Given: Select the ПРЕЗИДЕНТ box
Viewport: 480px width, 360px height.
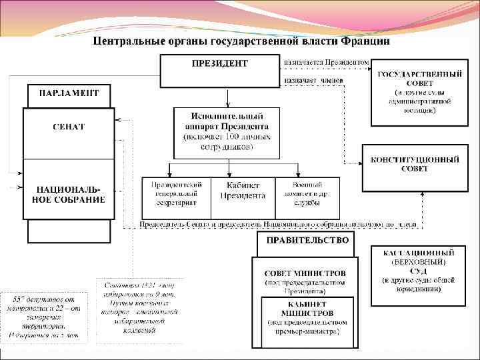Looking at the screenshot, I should [x=219, y=71].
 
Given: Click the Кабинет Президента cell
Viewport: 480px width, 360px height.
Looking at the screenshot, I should [x=243, y=191].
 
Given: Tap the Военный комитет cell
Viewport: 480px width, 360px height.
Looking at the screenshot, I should [x=307, y=191].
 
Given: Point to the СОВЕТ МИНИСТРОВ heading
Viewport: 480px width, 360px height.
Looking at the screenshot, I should [x=305, y=273].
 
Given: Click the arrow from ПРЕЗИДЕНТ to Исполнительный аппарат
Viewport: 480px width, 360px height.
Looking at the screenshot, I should [x=228, y=97].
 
